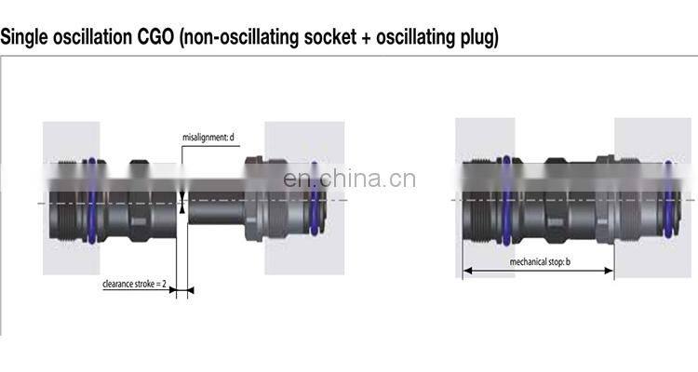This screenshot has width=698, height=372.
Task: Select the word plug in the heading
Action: pos(477,38)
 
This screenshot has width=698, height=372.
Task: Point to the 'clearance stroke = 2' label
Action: pos(134,285)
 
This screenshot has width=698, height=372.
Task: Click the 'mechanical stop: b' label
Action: pos(540,262)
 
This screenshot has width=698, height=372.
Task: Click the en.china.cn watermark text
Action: pos(349,179)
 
